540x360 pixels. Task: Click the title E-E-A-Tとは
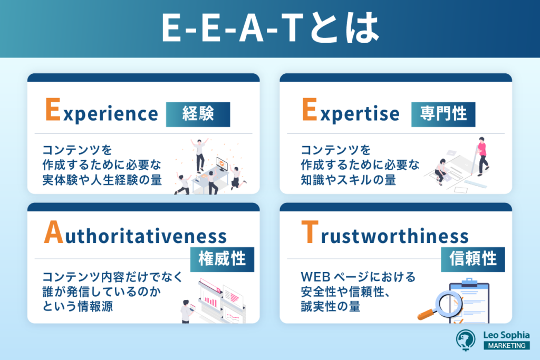click(269, 30)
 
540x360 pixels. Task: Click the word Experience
click(101, 113)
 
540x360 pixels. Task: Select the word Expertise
click(350, 113)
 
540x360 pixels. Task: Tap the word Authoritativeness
click(135, 235)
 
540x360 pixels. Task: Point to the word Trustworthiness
click(384, 235)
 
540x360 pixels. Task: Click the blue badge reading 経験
click(198, 114)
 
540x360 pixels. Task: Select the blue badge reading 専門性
click(443, 114)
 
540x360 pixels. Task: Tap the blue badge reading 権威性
click(222, 259)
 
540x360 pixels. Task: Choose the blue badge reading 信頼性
click(473, 259)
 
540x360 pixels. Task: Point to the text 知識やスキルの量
click(348, 180)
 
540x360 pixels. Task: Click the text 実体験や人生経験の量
click(102, 180)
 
